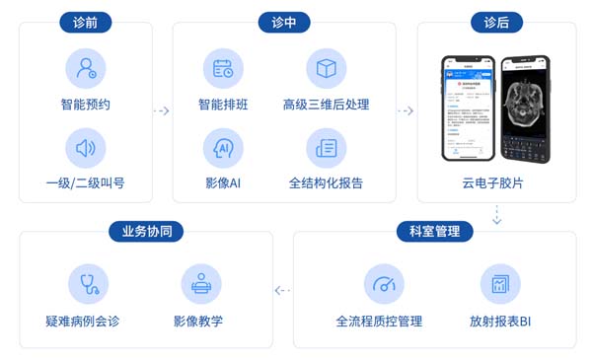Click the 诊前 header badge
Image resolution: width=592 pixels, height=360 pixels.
click(85, 22)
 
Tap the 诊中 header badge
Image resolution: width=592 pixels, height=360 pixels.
click(284, 22)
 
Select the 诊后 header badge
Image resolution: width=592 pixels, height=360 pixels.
click(496, 22)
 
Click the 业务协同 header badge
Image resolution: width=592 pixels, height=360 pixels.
click(145, 232)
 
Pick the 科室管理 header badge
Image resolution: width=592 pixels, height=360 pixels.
click(434, 232)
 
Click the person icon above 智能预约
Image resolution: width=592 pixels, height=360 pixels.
click(85, 69)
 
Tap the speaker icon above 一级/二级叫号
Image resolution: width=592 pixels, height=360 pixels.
click(85, 150)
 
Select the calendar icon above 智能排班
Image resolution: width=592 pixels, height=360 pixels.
click(223, 69)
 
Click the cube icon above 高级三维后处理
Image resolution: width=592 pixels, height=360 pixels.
click(326, 69)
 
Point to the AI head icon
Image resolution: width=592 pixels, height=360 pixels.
click(223, 150)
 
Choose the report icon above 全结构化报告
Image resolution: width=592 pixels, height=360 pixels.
click(326, 150)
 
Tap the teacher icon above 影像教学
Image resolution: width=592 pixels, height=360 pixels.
click(200, 284)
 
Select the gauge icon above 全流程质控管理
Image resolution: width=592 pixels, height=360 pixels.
click(384, 284)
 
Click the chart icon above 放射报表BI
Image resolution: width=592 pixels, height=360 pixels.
click(499, 284)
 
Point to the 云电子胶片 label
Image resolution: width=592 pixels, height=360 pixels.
click(496, 182)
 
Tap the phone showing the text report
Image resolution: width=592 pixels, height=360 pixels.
click(467, 108)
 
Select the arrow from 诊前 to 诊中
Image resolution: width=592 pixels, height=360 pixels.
click(162, 110)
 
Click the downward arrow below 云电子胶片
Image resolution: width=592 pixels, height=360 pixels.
click(497, 214)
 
